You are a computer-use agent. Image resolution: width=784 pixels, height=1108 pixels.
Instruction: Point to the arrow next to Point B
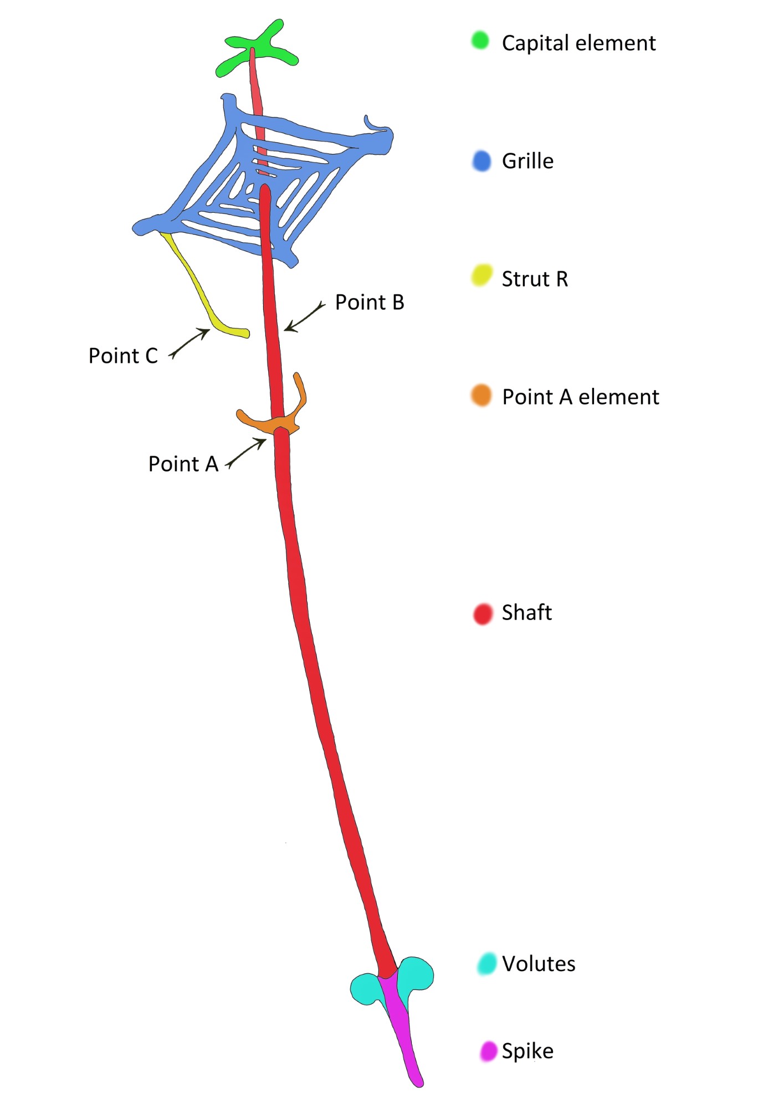[304, 317]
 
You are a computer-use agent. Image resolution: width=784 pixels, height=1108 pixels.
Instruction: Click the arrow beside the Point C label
[189, 342]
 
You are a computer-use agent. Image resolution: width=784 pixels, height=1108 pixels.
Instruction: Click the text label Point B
[370, 302]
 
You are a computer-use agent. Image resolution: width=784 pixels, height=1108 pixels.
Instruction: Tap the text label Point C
[123, 356]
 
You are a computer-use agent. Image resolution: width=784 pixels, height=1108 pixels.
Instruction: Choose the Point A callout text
[183, 464]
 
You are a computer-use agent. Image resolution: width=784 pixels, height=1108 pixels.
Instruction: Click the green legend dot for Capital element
[480, 40]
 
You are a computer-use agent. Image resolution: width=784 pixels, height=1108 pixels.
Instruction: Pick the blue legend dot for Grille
[482, 161]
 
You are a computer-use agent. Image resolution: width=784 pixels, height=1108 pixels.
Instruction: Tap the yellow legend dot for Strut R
[481, 275]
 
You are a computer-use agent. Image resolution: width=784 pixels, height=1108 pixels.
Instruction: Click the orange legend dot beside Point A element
[481, 396]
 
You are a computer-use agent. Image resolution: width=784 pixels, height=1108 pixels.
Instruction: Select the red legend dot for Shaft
[483, 614]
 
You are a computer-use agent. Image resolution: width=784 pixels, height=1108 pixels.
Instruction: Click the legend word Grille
[527, 161]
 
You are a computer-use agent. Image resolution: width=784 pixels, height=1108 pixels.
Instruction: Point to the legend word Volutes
[539, 965]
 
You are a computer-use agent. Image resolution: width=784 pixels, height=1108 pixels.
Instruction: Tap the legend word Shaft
[526, 613]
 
